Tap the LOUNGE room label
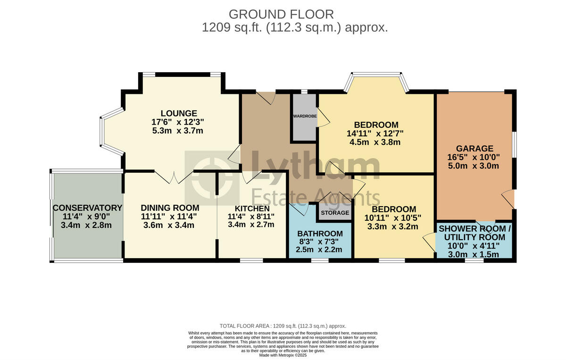tap(178, 113)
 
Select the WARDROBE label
tap(305, 116)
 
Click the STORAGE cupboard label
tap(335, 213)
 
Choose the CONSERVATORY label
tap(87, 208)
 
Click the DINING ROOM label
tap(170, 208)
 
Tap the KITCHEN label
tap(251, 209)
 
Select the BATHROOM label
tap(320, 234)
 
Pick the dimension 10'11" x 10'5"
tap(393, 218)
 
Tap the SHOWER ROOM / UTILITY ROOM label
tap(474, 233)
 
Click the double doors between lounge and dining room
tap(174, 177)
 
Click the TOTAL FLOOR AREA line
tap(283, 326)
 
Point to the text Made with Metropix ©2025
tap(283, 355)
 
